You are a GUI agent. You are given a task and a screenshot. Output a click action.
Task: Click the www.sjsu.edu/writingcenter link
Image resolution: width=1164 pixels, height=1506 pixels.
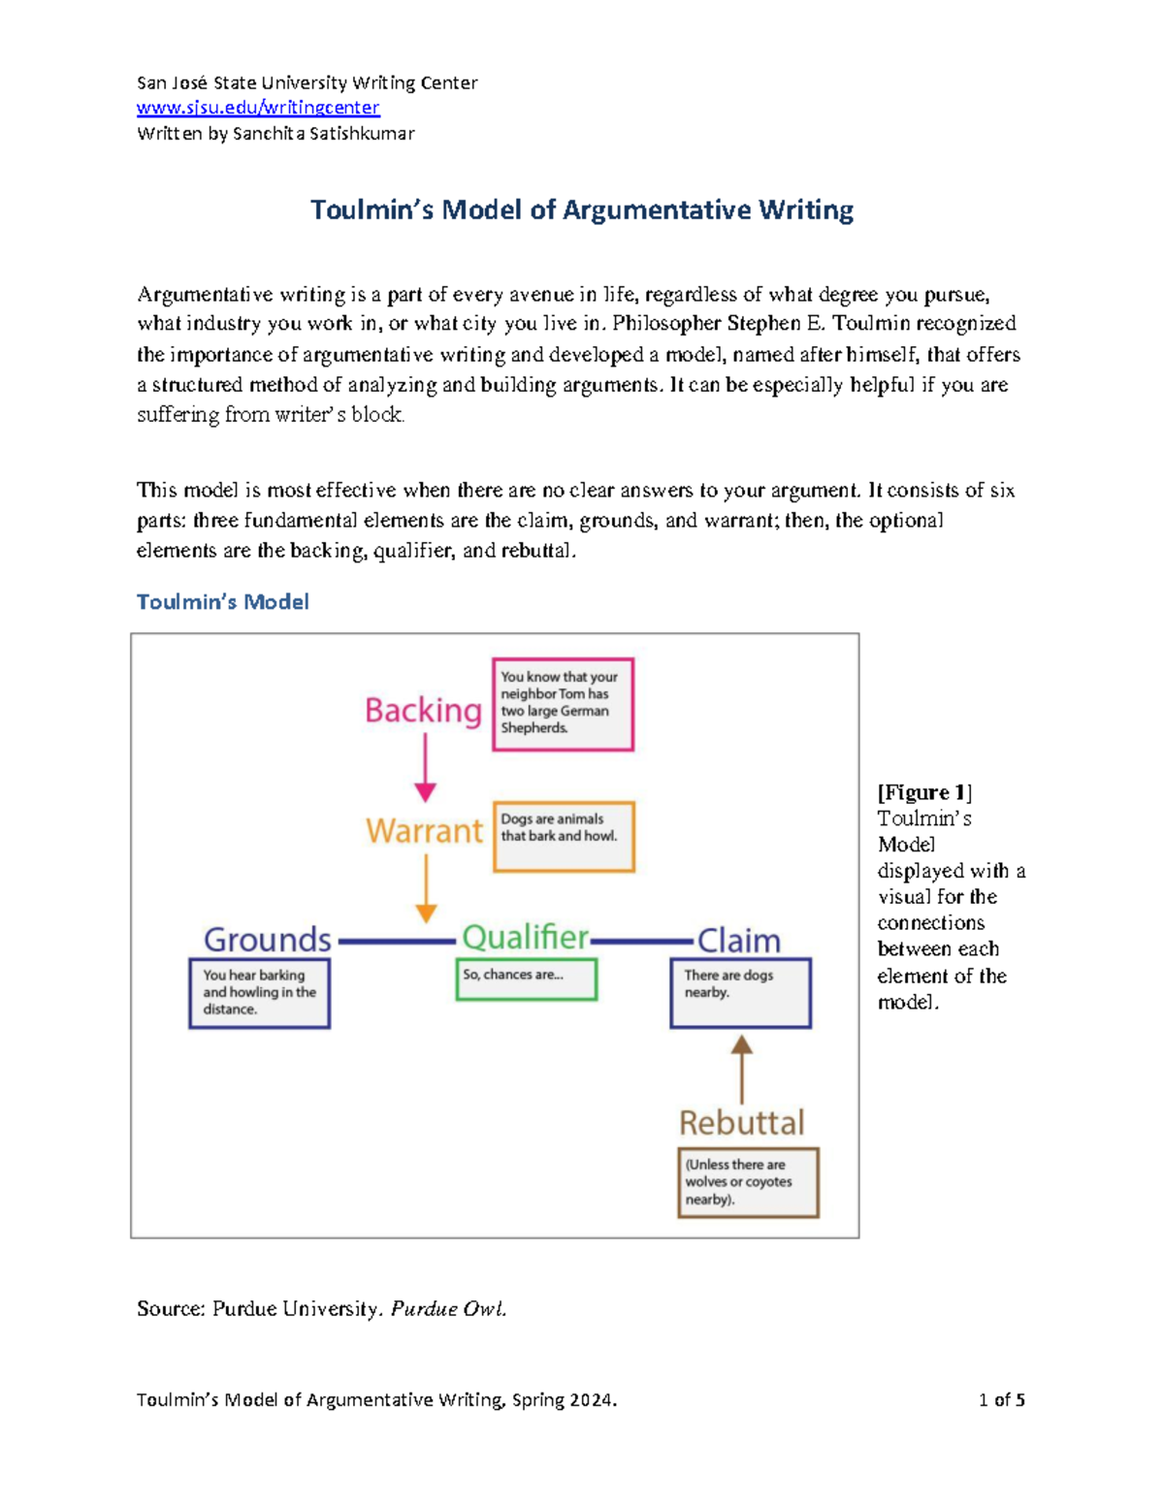(258, 108)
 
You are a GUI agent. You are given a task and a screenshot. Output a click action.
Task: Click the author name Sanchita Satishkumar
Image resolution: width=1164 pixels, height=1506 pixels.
(324, 134)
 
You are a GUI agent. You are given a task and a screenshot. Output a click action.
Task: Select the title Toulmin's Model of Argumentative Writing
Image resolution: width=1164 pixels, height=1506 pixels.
(582, 210)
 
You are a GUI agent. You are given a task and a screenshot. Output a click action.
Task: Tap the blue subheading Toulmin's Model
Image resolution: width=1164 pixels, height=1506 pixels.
(222, 601)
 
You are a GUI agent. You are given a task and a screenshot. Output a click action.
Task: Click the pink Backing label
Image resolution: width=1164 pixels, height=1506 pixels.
(424, 711)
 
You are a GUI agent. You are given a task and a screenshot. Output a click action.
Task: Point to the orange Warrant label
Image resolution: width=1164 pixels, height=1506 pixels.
(424, 830)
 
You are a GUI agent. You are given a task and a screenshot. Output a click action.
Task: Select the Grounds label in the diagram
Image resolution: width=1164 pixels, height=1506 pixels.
(267, 940)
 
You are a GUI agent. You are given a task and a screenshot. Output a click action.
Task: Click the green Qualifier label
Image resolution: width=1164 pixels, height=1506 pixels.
(526, 939)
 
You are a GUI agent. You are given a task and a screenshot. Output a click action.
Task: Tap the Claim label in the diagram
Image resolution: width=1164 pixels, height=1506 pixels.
(739, 941)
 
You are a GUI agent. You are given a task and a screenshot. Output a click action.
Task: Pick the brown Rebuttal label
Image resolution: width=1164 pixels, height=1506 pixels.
(742, 1123)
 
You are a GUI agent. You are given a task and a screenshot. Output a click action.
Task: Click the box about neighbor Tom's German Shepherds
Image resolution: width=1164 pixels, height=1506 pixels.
(563, 704)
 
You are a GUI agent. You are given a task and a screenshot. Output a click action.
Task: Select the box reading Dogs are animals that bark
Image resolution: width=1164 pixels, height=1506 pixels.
(564, 837)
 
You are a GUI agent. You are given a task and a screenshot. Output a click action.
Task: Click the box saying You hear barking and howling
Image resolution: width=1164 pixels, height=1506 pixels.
(259, 993)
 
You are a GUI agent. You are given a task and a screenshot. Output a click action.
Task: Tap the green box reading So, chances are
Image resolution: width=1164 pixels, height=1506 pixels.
(526, 979)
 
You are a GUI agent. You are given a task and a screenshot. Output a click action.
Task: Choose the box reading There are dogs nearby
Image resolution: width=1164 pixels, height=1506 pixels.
(740, 993)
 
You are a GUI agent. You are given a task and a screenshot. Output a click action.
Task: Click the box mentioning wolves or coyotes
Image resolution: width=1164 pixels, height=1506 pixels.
(748, 1183)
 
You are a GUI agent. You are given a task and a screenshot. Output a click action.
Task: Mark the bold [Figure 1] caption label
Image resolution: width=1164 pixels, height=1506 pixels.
(924, 792)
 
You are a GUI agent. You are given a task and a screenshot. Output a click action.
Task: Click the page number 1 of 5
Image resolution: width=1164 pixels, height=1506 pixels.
(1001, 1400)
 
